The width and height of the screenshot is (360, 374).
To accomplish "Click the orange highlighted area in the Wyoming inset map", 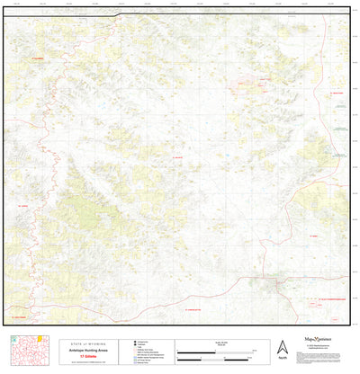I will (x=39, y=339).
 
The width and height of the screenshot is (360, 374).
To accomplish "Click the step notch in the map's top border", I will (x=118, y=14).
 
